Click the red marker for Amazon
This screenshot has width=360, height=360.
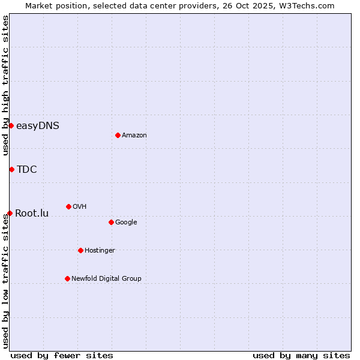pyautogui.click(x=118, y=135)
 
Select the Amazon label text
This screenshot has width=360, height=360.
pyautogui.click(x=134, y=136)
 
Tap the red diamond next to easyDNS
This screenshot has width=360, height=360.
pyautogui.click(x=11, y=125)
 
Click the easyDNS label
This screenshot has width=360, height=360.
pyautogui.click(x=37, y=126)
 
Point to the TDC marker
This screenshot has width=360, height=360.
pyautogui.click(x=11, y=169)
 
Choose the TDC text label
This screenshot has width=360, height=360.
pyautogui.click(x=26, y=170)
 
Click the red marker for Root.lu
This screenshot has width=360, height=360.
pyautogui.click(x=10, y=213)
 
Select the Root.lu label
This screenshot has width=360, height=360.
pyautogui.click(x=32, y=214)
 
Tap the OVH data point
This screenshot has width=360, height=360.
pyautogui.click(x=68, y=206)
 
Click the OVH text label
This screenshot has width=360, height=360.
pyautogui.click(x=80, y=207)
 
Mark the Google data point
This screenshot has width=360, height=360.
pyautogui.click(x=111, y=222)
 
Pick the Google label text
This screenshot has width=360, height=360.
pyautogui.click(x=126, y=223)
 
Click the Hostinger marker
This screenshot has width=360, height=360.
pyautogui.click(x=80, y=250)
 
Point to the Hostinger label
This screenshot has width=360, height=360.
pyautogui.click(x=100, y=251)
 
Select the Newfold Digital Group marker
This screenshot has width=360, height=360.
pyautogui.click(x=67, y=278)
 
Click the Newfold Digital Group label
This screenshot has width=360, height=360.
pyautogui.click(x=106, y=278)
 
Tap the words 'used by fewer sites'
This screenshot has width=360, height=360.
pyautogui.click(x=62, y=355)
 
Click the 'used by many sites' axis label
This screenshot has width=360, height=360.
pyautogui.click(x=301, y=355)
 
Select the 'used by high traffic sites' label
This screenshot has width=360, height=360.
pyautogui.click(x=5, y=85)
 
